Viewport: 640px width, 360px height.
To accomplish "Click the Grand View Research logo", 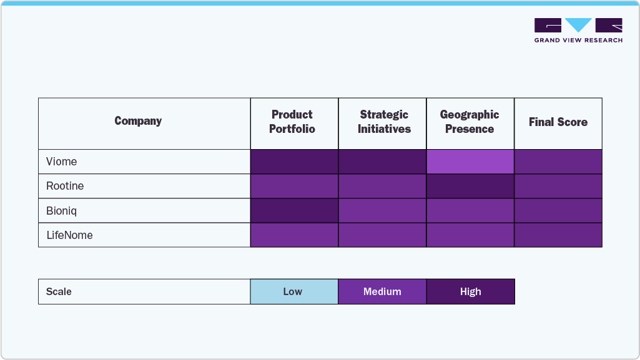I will pyautogui.click(x=578, y=30).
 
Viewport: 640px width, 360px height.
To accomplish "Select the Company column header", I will pyautogui.click(x=138, y=121).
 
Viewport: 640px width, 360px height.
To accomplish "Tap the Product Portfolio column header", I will pyautogui.click(x=292, y=122).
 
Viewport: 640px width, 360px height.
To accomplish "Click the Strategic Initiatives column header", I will pyautogui.click(x=384, y=122).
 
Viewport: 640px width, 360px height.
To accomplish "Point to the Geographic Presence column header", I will pyautogui.click(x=470, y=122).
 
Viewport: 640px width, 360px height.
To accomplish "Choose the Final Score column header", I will pyautogui.click(x=558, y=122).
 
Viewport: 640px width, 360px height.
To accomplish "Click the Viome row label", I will pyautogui.click(x=62, y=162).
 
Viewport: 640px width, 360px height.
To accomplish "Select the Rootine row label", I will pyautogui.click(x=65, y=186).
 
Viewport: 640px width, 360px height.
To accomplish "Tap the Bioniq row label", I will pyautogui.click(x=62, y=211).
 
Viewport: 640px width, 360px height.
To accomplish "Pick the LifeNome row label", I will pyautogui.click(x=69, y=235).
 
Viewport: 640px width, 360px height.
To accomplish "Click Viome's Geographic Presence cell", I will pyautogui.click(x=470, y=162).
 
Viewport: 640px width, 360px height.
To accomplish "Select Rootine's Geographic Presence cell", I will pyautogui.click(x=470, y=186).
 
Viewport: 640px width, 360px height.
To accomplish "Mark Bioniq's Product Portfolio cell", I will pyautogui.click(x=294, y=211).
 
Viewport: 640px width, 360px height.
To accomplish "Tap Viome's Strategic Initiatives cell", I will pyautogui.click(x=382, y=162).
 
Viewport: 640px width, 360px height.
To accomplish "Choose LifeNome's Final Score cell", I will pyautogui.click(x=558, y=235).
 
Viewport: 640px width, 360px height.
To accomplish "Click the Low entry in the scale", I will pyautogui.click(x=293, y=291).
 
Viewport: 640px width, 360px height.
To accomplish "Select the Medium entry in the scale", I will pyautogui.click(x=382, y=291).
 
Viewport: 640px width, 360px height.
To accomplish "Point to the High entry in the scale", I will pyautogui.click(x=470, y=291).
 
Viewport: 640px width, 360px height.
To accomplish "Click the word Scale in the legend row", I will pyautogui.click(x=59, y=291).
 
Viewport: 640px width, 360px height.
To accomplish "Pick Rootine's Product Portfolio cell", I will pyautogui.click(x=294, y=186).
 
